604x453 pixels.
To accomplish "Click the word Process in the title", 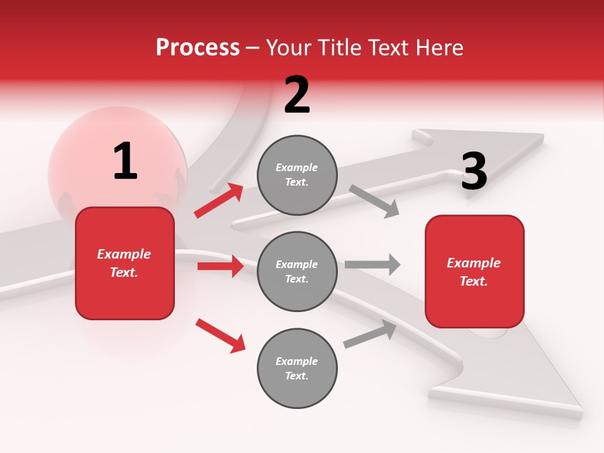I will pos(198,48).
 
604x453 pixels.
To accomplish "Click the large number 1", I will pos(125,162).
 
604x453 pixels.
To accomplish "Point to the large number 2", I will pos(297,95).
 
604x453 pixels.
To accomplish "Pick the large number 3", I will pos(474,172).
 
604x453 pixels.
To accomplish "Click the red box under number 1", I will pos(125,263).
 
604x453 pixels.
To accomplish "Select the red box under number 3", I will pos(474,271).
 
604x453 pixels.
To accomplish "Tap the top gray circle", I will pos(297,175).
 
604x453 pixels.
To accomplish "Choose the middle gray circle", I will pos(297,271).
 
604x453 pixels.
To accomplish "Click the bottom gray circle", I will pos(297,368).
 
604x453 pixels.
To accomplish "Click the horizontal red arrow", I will pos(220,266).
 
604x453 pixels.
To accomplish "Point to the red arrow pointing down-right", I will pos(220,335).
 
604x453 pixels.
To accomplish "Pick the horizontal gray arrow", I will pos(372,265).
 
